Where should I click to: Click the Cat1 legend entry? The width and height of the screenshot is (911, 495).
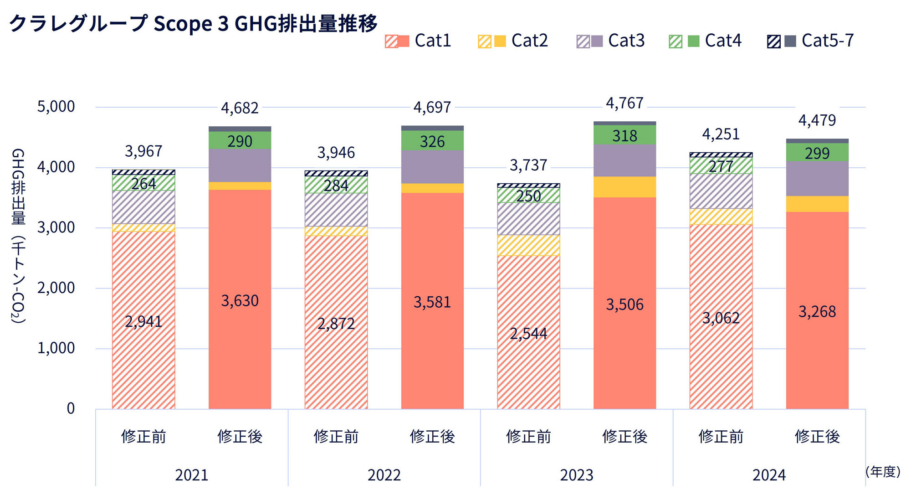tap(418, 41)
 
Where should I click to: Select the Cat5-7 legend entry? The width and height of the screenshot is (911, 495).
tap(811, 41)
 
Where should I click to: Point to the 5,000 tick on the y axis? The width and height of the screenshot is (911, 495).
tap(56, 107)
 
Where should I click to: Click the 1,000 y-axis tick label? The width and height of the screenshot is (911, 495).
tap(56, 348)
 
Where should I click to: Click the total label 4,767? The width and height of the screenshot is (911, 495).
tap(624, 103)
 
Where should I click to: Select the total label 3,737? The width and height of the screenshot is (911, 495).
tap(528, 165)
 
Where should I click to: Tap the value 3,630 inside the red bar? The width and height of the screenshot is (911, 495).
tap(240, 301)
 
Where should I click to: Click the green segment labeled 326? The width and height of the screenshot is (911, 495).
tap(432, 141)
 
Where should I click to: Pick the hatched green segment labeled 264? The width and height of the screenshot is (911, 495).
tap(143, 184)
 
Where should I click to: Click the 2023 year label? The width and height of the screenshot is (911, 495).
tap(577, 475)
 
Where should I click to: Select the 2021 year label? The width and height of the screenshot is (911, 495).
tap(192, 475)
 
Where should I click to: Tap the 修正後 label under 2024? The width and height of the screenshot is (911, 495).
tap(817, 437)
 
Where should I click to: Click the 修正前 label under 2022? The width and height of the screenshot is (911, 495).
tap(336, 437)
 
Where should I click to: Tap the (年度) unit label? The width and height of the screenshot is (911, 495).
tap(883, 472)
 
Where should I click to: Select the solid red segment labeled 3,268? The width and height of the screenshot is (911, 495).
tap(817, 312)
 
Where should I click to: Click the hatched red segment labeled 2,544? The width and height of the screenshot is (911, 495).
tap(528, 334)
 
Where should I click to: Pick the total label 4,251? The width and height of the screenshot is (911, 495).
tap(721, 134)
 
